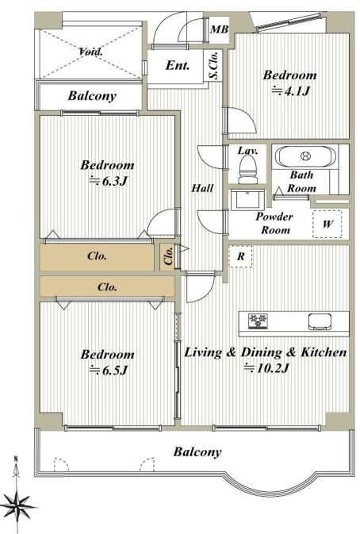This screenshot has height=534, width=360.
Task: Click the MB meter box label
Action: pyautogui.click(x=219, y=29)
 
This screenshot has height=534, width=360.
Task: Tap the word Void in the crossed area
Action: pyautogui.click(x=90, y=52)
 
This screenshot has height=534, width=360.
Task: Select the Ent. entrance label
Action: pyautogui.click(x=178, y=65)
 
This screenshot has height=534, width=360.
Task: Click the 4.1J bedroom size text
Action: pyautogui.click(x=290, y=91)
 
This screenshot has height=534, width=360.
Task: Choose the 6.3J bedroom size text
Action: pyautogui.click(x=108, y=181)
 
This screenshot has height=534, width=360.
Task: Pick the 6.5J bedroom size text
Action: pyautogui.click(x=108, y=370)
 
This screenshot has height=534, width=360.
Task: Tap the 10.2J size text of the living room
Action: pyautogui.click(x=266, y=368)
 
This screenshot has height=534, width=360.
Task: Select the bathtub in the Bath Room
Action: pyautogui.click(x=305, y=156)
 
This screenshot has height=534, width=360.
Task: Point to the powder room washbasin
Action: pyautogui.click(x=248, y=200)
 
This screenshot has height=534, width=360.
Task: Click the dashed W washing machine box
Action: pyautogui.click(x=327, y=224)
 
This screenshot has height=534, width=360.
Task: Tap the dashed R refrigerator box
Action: pyautogui.click(x=240, y=256)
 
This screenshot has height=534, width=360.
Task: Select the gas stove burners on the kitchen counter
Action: pyautogui.click(x=259, y=321)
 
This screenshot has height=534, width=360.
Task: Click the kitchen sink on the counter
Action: pyautogui.click(x=320, y=321)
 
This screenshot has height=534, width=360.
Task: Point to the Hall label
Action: pyautogui.click(x=202, y=187)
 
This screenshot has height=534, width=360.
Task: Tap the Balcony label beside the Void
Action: pyautogui.click(x=92, y=96)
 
